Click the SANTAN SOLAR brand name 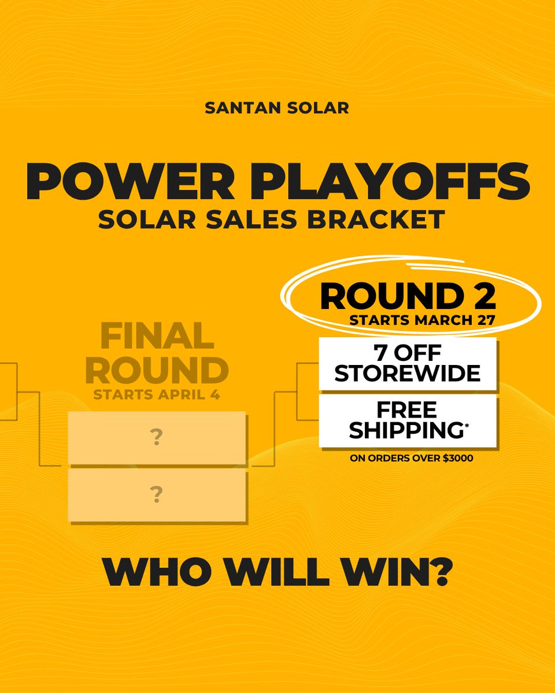277,108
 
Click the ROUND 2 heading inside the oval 408,296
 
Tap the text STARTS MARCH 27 421,321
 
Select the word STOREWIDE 408,373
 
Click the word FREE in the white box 407,411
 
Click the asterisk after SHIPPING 467,425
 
